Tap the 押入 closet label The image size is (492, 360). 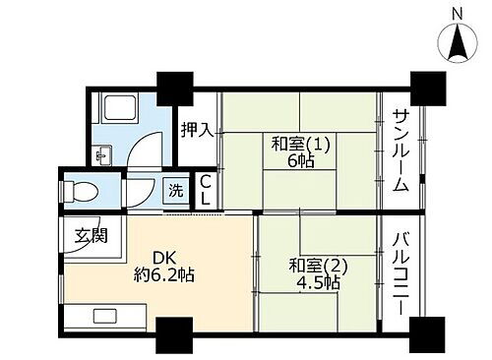pos(197,130)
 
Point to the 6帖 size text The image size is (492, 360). pos(301,161)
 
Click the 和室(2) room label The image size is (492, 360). pos(319,265)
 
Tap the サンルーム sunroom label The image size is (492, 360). pos(401,150)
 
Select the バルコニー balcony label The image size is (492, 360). pos(401,272)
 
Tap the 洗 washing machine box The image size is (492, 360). pos(175,189)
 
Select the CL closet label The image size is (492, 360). pos(205,189)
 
